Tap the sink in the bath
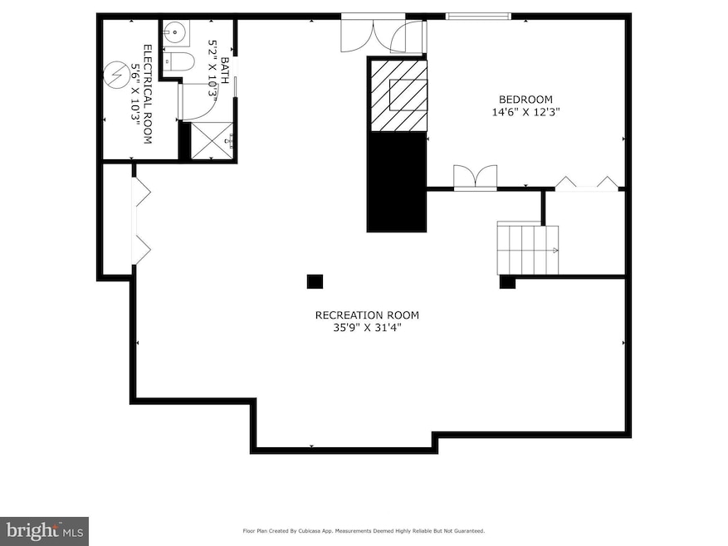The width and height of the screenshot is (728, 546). pos(173,34)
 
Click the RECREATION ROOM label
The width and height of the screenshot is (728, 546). pos(366,314)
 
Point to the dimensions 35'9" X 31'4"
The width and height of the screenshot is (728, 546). pos(366,328)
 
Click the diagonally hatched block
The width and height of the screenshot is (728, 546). pos(398,95)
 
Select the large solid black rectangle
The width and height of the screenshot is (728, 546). pos(398,182)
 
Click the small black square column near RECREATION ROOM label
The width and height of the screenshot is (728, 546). pos(315,281)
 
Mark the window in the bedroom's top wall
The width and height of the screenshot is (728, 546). pos(478,15)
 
